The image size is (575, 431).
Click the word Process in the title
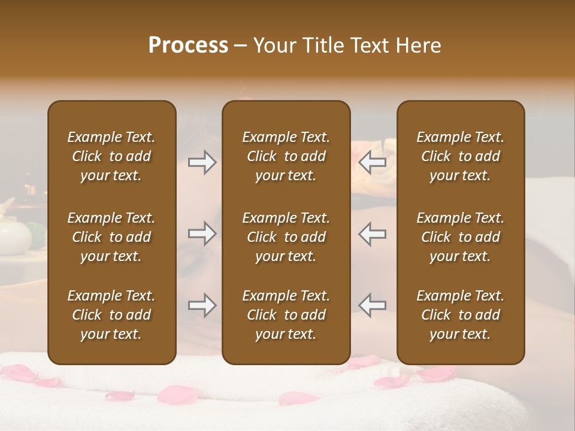click(x=188, y=45)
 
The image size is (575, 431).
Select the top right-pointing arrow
click(x=202, y=162)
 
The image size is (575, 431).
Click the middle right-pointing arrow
click(x=202, y=233)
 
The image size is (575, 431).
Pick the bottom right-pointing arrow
click(x=202, y=305)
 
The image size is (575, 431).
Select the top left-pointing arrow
click(x=373, y=162)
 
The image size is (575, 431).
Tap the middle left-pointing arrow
click(x=373, y=233)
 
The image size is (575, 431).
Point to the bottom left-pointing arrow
click(x=373, y=305)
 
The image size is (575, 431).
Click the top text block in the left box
click(x=111, y=156)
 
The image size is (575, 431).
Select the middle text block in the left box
click(x=111, y=237)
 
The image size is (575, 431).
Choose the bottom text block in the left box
click(x=111, y=315)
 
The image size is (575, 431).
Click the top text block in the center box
click(x=286, y=156)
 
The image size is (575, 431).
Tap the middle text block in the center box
click(x=286, y=237)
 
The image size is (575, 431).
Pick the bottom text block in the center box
click(x=286, y=315)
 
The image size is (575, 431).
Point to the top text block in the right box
click(x=461, y=156)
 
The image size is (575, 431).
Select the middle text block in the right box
click(x=461, y=237)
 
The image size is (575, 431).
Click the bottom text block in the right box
click(x=461, y=315)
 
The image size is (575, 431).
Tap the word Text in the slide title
click(x=369, y=45)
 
